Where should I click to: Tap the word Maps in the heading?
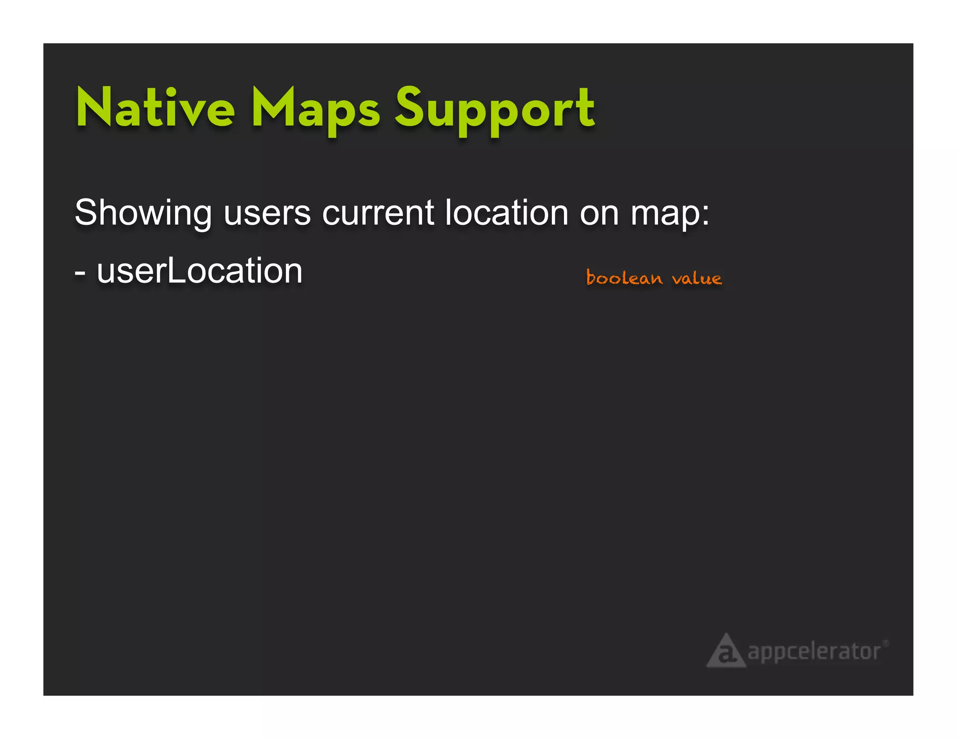click(315, 110)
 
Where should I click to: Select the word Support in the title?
click(495, 111)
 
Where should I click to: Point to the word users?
click(267, 213)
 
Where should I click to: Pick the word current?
click(378, 213)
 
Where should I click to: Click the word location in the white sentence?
click(507, 213)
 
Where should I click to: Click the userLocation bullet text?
click(200, 271)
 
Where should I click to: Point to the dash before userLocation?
click(80, 272)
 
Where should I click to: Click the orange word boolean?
click(624, 278)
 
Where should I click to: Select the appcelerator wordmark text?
click(814, 652)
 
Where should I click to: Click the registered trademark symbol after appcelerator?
click(886, 643)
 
